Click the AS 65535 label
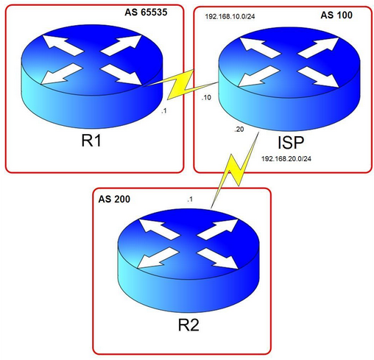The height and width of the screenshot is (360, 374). pos(146,13)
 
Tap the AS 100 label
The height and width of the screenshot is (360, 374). pos(336,15)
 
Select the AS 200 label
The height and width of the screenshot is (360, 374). pos(114,199)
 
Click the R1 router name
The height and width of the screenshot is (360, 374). pos(91,141)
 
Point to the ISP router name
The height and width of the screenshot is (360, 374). pos(291,143)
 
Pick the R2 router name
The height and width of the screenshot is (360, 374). pos(188,325)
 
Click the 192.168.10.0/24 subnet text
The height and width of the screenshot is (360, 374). pos(230,17)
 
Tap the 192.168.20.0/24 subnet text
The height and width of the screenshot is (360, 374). pos(286,159)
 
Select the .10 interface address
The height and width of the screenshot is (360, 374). pos(206,97)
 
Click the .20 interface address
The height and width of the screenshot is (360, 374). pos(239,129)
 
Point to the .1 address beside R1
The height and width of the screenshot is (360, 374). pos(164,111)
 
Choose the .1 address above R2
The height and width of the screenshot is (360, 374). pos(190,200)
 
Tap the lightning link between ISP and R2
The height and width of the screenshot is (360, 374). pos(235,171)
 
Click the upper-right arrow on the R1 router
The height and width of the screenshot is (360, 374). pos(121,46)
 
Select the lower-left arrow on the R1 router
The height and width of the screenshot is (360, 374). pos(62,74)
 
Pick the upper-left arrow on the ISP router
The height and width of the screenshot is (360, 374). pos(260,48)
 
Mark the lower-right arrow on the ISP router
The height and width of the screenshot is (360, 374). pos(318,77)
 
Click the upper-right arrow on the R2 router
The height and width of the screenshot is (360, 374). pos(218,230)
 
